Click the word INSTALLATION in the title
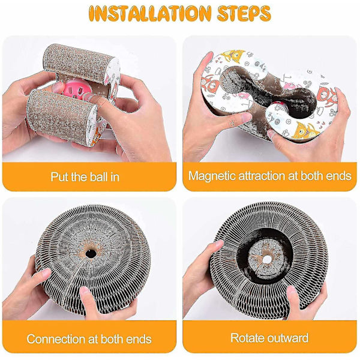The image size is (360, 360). pyautogui.click(x=150, y=14)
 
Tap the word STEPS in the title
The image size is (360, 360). pyautogui.click(x=244, y=14)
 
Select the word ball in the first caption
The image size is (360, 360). pyautogui.click(x=99, y=177)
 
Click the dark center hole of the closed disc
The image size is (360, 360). pyautogui.click(x=91, y=254)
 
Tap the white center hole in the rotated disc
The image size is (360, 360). pyautogui.click(x=267, y=259)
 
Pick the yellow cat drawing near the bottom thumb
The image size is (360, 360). pyautogui.click(x=305, y=130)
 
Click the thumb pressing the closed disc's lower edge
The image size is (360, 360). pyautogui.click(x=85, y=296)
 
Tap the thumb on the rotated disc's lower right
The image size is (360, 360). pyautogui.click(x=292, y=296)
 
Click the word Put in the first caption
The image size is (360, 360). pyautogui.click(x=59, y=177)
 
